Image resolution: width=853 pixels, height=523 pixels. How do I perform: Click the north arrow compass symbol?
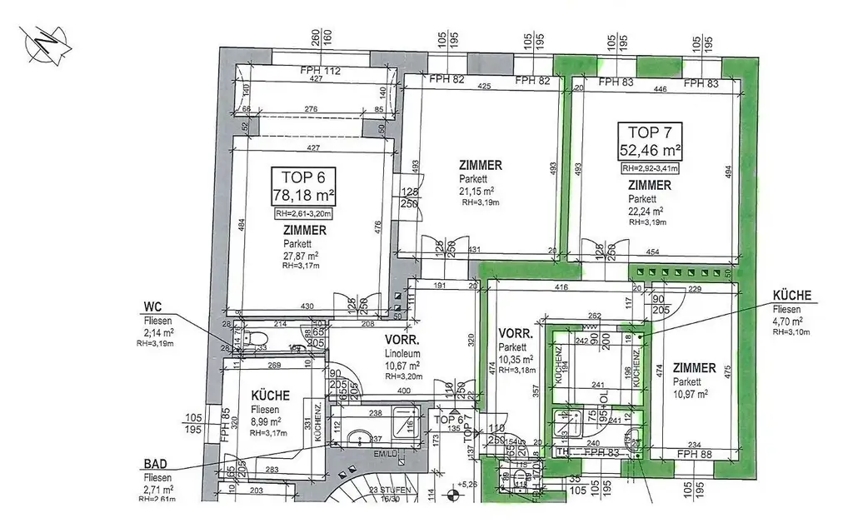tap(44, 46)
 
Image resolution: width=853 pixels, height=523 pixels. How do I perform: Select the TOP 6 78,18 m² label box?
tap(304, 187)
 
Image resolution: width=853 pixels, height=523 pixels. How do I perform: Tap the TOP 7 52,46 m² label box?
tap(650, 142)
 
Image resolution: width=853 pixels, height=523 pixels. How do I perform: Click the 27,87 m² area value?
tap(301, 256)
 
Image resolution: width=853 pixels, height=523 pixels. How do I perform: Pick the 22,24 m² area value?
tap(646, 212)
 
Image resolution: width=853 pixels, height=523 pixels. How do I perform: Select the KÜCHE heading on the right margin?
tap(791, 295)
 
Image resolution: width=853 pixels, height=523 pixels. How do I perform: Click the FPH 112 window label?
tap(321, 72)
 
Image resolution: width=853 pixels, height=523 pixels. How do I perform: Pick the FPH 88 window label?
tap(694, 454)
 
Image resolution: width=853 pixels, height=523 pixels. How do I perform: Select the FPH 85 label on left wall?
tap(225, 425)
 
